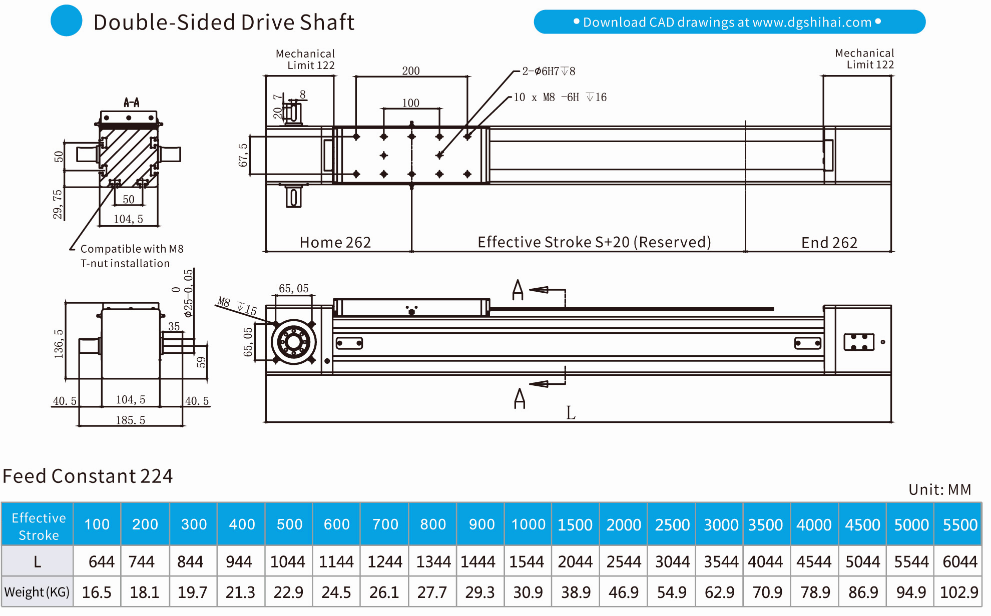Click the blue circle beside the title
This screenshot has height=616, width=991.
(67, 21)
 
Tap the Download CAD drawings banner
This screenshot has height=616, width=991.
(729, 22)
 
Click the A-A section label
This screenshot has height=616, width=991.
(132, 103)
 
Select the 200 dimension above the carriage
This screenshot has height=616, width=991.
(411, 71)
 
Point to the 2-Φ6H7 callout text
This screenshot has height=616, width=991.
(549, 71)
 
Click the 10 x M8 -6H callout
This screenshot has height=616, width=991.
(560, 97)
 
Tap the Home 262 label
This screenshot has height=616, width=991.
(335, 242)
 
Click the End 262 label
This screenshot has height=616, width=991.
(829, 243)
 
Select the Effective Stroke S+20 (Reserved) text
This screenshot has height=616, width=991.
(594, 242)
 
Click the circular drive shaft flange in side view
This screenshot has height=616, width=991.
(294, 342)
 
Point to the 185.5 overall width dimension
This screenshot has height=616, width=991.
(131, 420)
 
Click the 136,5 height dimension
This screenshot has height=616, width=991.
(59, 344)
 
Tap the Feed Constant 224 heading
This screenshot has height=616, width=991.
(88, 476)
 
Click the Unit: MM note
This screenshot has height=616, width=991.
(939, 489)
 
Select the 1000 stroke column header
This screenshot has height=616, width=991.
(528, 524)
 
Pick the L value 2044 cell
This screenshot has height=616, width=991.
(575, 562)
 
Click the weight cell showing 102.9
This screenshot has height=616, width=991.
(958, 592)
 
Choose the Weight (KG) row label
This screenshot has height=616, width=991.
(37, 592)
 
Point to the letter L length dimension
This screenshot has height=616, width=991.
(571, 413)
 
